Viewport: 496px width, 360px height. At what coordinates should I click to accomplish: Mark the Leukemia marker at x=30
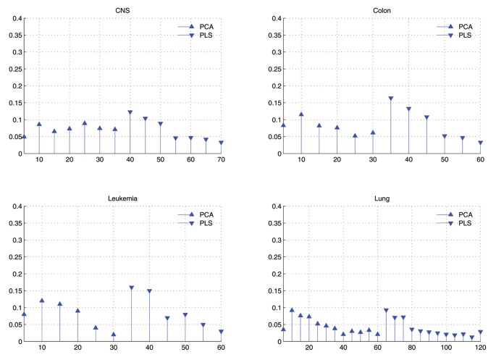coord(114,335)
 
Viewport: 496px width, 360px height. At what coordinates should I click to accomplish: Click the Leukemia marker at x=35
coord(132,288)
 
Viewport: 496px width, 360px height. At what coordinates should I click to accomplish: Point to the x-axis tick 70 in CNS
coord(221,160)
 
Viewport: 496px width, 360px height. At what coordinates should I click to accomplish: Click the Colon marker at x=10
coord(301,114)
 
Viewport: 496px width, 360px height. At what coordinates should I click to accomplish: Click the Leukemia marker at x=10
coord(42,301)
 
